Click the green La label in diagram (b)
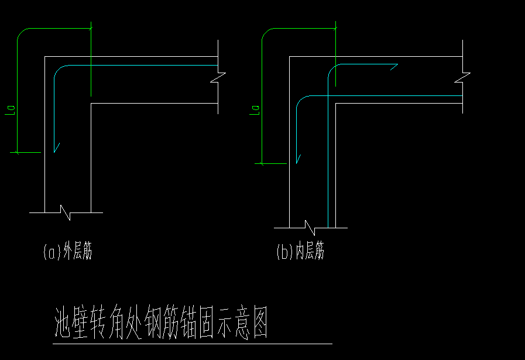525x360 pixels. pos(255,109)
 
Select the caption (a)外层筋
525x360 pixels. pos(68,252)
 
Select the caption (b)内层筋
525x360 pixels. pos(300,252)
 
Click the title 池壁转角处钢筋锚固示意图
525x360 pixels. pos(160,323)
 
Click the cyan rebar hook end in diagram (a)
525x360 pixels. pos(56,149)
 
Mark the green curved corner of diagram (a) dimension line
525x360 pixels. pos(22,32)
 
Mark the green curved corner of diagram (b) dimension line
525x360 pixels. pos(266,32)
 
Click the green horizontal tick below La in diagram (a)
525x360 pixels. pos(26,152)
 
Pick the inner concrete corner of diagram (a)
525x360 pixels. pos(91,104)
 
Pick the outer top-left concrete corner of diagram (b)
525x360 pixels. pos(290,57)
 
